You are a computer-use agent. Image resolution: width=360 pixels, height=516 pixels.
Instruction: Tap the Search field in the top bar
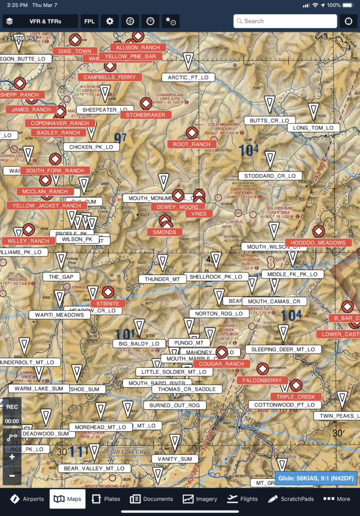point(285,21)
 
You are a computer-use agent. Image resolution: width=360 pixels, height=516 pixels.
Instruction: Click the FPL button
point(89,21)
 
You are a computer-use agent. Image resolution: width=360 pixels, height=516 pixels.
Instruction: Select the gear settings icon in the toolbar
point(110,21)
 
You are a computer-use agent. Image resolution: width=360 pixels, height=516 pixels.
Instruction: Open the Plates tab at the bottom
point(106,499)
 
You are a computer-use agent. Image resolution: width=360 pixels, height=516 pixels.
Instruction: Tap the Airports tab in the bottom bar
point(27,499)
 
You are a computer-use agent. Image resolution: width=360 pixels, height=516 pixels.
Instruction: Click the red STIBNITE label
point(108,303)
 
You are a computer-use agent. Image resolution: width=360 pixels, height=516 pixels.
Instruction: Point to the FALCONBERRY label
point(262,380)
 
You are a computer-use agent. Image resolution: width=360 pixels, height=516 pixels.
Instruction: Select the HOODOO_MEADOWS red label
point(318,243)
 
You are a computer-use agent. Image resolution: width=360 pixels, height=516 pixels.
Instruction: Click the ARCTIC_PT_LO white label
point(188,78)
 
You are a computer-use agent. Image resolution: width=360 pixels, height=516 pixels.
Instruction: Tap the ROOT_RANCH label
point(191,144)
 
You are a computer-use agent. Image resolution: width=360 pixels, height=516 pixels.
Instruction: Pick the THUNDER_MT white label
point(162,279)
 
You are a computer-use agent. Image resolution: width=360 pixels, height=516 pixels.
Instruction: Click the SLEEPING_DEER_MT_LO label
point(282,349)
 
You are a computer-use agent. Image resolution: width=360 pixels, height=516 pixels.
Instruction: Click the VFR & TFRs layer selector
point(40,21)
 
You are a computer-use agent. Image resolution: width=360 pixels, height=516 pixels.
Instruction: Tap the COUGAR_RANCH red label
point(221,364)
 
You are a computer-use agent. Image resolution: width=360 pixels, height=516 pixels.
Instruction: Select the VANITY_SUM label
point(174,459)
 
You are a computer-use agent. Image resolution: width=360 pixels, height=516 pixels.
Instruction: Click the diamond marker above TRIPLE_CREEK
point(296,385)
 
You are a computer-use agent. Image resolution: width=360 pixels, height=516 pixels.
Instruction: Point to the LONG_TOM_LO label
point(313,128)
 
